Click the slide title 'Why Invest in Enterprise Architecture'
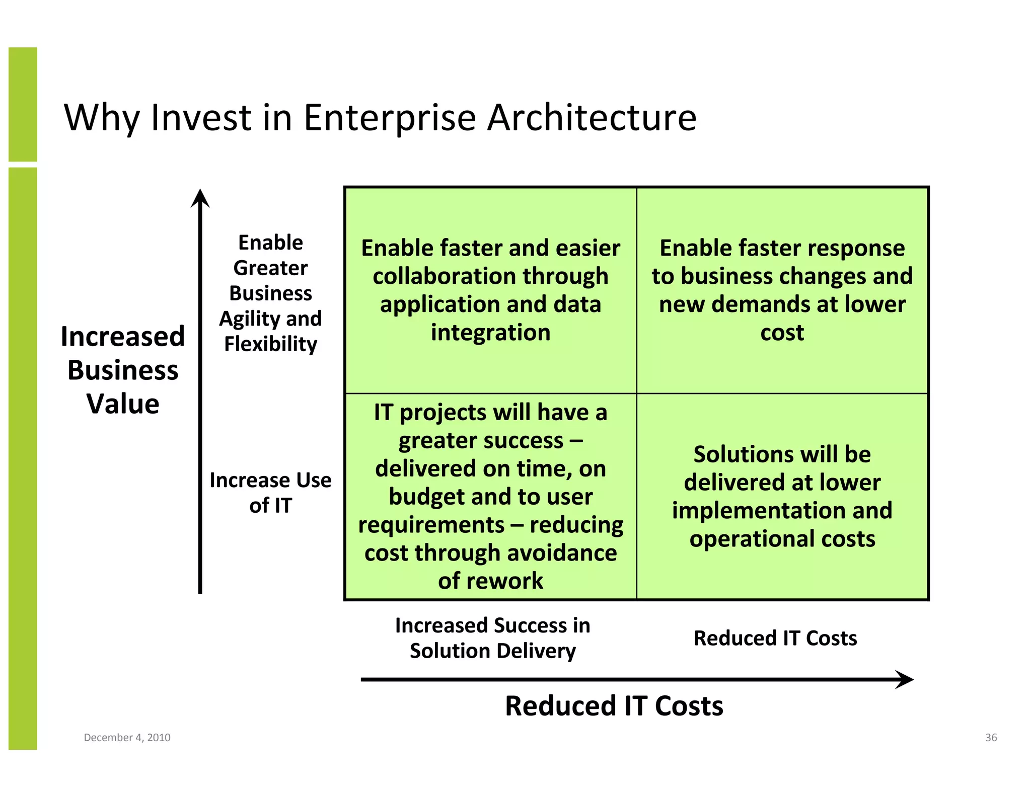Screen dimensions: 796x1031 click(x=380, y=118)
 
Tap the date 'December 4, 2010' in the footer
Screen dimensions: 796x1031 click(x=127, y=737)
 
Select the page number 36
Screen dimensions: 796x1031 click(x=991, y=737)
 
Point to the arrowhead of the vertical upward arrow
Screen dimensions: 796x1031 click(x=200, y=198)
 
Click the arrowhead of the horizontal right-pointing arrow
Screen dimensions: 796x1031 click(x=905, y=679)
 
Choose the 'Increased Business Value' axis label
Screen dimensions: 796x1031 click(x=123, y=370)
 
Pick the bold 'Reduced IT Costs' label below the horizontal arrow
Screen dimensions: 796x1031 click(x=614, y=705)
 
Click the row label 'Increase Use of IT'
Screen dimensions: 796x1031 click(x=270, y=493)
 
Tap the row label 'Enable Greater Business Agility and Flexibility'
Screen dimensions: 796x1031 click(x=270, y=293)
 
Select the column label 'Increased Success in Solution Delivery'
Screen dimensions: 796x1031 click(x=492, y=638)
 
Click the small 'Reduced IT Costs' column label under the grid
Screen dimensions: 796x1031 click(x=775, y=638)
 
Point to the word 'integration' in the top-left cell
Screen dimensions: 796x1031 click(x=490, y=333)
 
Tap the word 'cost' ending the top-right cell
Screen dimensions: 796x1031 click(x=782, y=333)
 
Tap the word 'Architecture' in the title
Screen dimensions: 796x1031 click(x=592, y=118)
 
